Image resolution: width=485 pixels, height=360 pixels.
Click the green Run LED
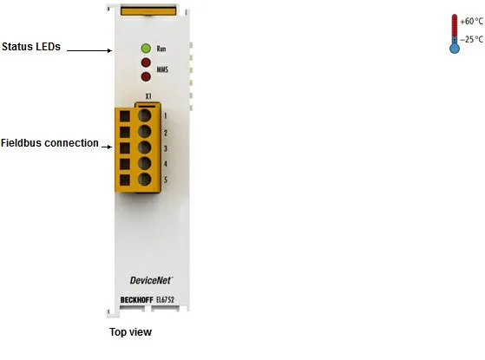[146, 49]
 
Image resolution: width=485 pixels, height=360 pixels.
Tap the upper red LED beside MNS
[146, 62]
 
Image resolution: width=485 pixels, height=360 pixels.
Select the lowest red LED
[146, 76]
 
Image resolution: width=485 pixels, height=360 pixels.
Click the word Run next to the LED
[161, 49]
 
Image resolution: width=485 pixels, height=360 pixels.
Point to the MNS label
[162, 69]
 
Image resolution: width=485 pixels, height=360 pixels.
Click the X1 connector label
[148, 96]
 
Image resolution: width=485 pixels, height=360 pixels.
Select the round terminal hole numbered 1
[144, 115]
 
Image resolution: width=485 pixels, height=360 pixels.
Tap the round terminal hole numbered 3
[144, 147]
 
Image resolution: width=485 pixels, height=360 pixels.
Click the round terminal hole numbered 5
[144, 180]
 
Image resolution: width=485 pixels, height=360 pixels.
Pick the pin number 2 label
[166, 133]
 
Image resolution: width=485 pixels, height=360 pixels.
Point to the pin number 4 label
[166, 164]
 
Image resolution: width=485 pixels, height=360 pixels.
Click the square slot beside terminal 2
[125, 132]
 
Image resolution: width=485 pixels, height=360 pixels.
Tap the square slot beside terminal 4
[125, 164]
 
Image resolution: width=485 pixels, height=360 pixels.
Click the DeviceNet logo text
[151, 280]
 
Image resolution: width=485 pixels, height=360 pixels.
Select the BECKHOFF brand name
[137, 300]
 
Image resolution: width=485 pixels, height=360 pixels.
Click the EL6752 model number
[165, 299]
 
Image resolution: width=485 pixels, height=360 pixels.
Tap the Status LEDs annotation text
[31, 47]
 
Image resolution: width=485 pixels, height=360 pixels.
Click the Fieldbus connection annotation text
[49, 143]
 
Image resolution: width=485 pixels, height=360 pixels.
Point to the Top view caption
[130, 332]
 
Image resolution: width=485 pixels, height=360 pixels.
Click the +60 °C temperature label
[471, 22]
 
